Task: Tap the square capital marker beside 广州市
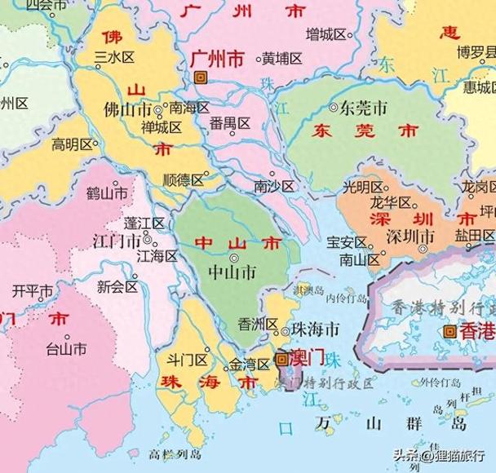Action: (201, 77)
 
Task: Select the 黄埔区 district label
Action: (282, 60)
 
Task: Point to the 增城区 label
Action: (325, 34)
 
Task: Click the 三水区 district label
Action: (114, 56)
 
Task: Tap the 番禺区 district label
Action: (229, 124)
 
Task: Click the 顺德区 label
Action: (182, 179)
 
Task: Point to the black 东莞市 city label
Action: (363, 107)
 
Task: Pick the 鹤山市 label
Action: (107, 194)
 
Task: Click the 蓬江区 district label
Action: (144, 223)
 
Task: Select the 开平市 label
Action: (33, 291)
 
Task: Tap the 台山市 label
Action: (66, 350)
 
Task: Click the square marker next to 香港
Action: (449, 332)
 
